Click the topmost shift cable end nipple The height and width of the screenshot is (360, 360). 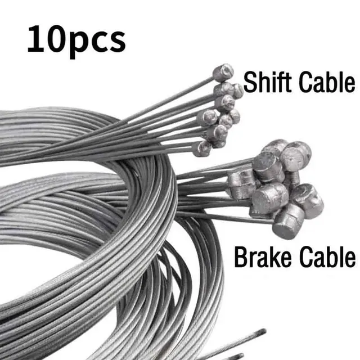[x=224, y=72]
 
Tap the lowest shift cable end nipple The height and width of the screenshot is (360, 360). [x=202, y=148]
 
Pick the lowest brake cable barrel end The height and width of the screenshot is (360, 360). [x=288, y=221]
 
